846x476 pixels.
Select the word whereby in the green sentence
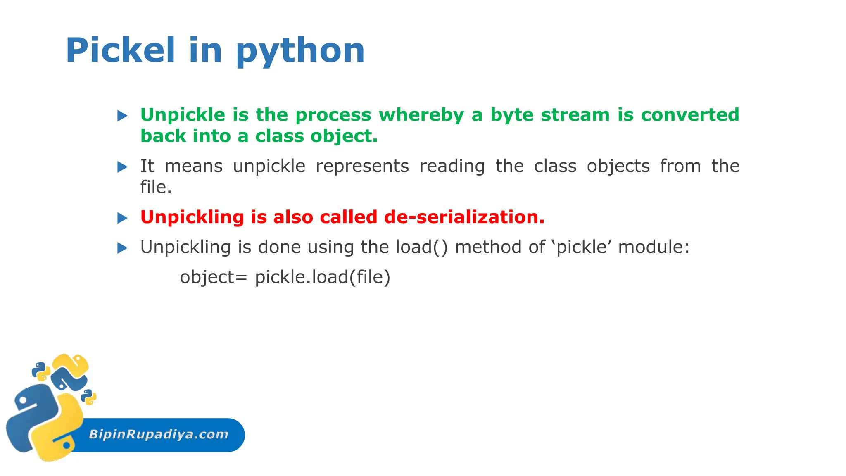tap(421, 115)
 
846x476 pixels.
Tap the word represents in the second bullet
tap(362, 166)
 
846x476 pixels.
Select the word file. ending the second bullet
tap(156, 187)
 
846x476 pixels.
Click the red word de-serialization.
tap(464, 217)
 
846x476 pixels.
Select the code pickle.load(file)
tap(322, 277)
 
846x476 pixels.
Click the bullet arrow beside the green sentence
tap(122, 116)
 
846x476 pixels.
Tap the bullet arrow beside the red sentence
tap(122, 218)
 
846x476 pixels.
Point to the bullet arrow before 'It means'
tap(122, 167)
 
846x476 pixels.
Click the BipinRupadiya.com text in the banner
tap(159, 434)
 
